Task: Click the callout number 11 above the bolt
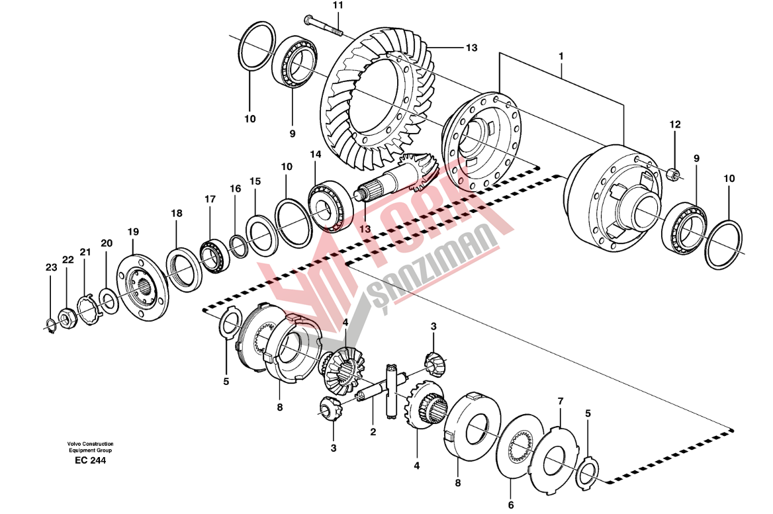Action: pos(338,5)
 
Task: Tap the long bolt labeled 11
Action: pos(324,26)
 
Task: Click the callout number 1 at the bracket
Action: pos(561,56)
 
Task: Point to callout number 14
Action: pos(316,154)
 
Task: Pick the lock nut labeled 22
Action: pos(67,319)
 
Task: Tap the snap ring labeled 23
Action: pos(50,327)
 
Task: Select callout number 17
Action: pos(210,199)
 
